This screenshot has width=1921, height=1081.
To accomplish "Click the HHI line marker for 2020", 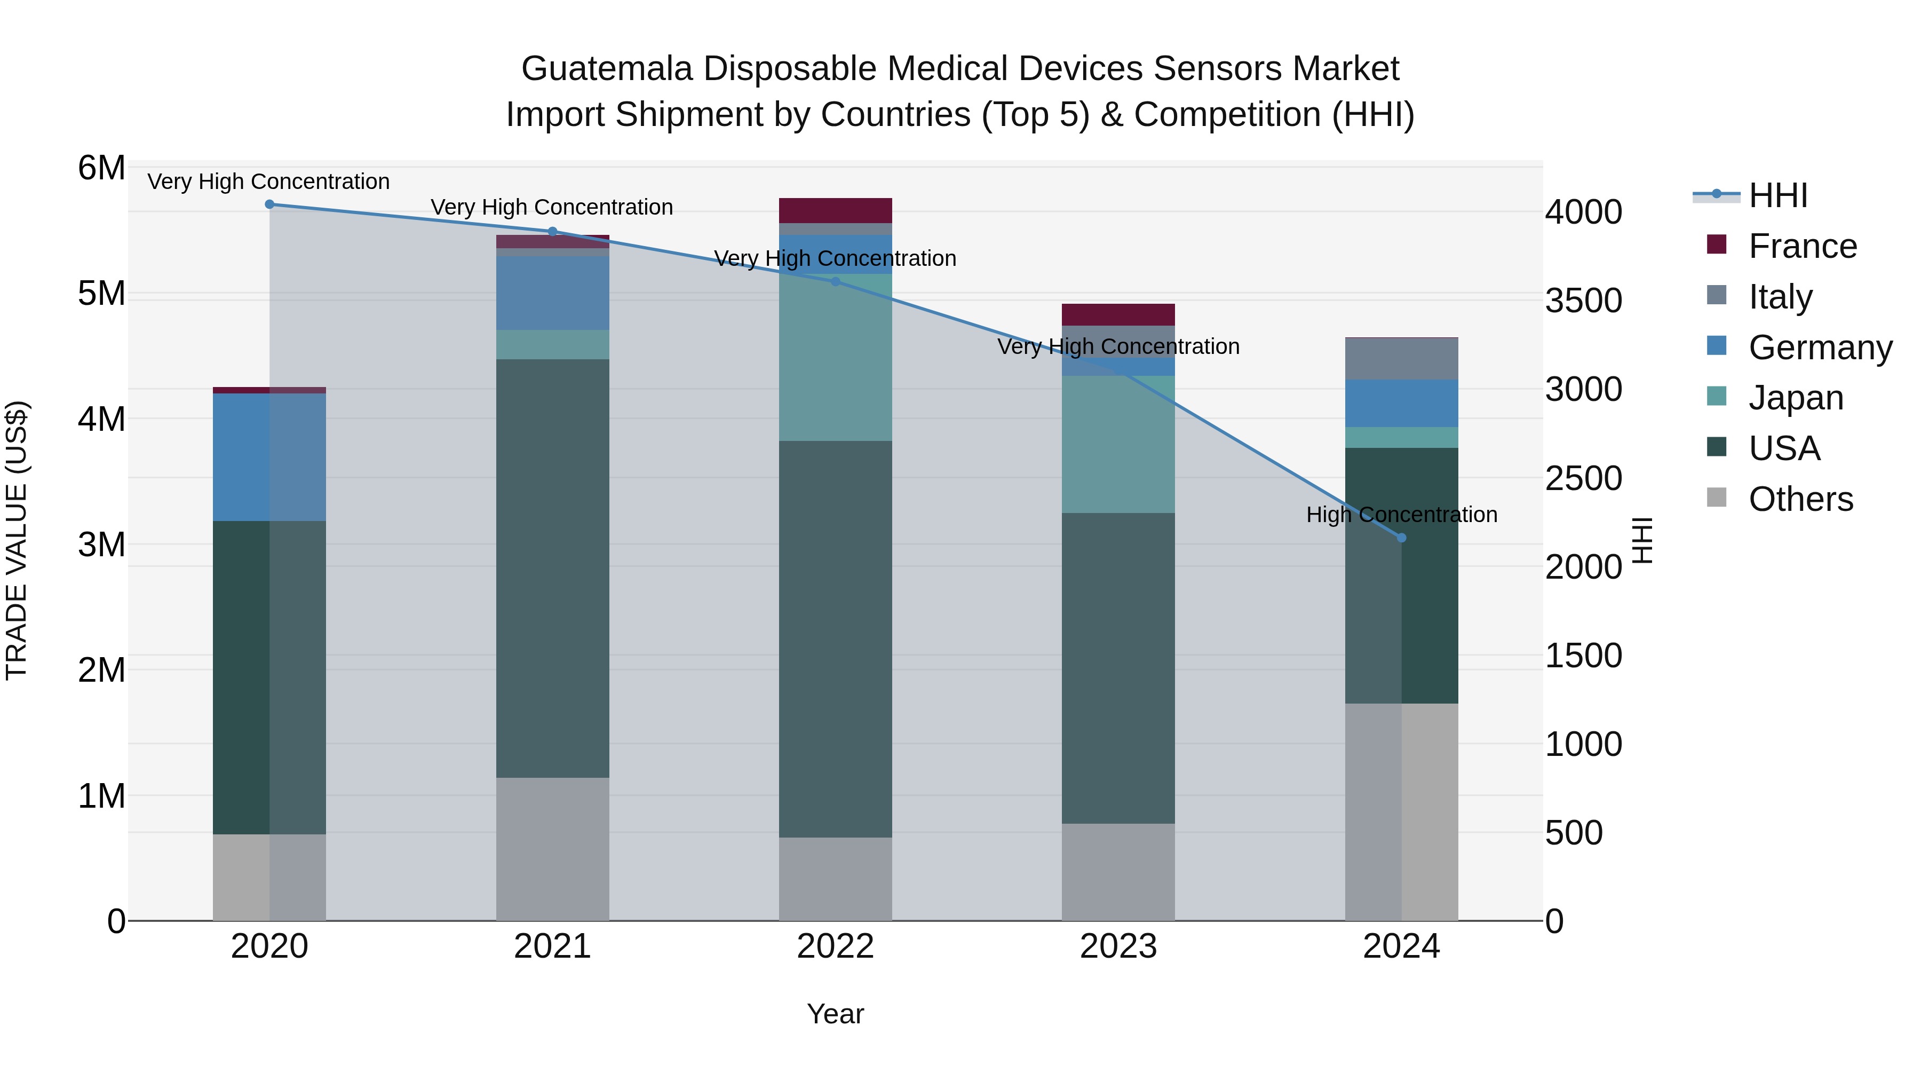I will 270,204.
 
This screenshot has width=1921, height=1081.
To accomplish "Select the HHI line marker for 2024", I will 1401,538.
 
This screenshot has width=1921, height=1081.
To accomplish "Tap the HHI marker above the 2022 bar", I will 835,282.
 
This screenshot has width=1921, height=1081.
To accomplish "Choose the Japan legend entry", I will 1796,398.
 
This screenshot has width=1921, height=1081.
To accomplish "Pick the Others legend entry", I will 1800,499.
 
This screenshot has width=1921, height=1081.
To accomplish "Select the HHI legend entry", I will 1778,195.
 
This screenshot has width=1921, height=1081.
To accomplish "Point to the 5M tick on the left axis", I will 101,294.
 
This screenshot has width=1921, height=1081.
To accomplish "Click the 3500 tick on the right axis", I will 1583,301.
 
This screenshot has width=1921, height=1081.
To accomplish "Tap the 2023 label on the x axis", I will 1118,946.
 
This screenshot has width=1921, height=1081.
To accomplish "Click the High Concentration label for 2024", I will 1401,515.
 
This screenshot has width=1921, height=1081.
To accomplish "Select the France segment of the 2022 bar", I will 835,210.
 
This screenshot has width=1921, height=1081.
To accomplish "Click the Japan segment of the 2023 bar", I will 1118,444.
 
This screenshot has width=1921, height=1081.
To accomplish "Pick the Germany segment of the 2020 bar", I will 269,457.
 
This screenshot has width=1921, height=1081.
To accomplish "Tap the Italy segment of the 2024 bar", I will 1401,359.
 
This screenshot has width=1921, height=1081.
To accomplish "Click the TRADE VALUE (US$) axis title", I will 17,540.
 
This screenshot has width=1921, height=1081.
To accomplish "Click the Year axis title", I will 835,1014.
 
